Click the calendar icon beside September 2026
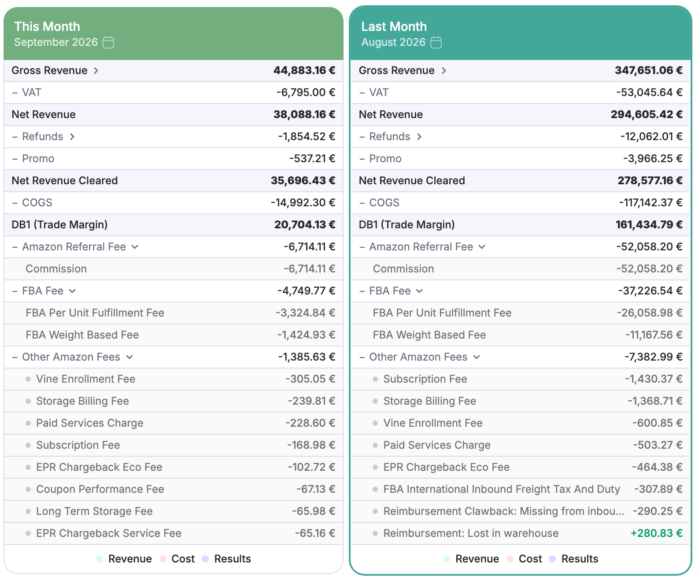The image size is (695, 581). (x=108, y=42)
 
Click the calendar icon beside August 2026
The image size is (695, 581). (x=436, y=42)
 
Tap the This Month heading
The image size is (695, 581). (x=47, y=26)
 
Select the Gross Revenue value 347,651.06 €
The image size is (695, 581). (x=648, y=70)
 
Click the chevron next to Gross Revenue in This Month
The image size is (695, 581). (x=96, y=71)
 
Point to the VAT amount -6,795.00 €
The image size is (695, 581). (x=306, y=92)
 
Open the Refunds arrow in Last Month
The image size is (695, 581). (x=419, y=137)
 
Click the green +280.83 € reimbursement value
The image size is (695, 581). (x=656, y=533)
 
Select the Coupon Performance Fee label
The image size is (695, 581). (x=100, y=489)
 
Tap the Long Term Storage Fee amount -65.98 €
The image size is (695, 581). (x=314, y=511)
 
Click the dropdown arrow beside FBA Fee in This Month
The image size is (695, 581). (x=72, y=291)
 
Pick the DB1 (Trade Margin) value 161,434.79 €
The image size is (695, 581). (x=649, y=224)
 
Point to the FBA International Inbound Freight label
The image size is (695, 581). (x=502, y=489)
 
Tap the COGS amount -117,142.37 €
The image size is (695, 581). (x=651, y=202)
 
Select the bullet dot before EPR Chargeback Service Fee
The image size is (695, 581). (x=28, y=533)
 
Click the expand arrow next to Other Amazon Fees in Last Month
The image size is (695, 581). (x=477, y=357)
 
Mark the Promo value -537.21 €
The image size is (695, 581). (x=312, y=159)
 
